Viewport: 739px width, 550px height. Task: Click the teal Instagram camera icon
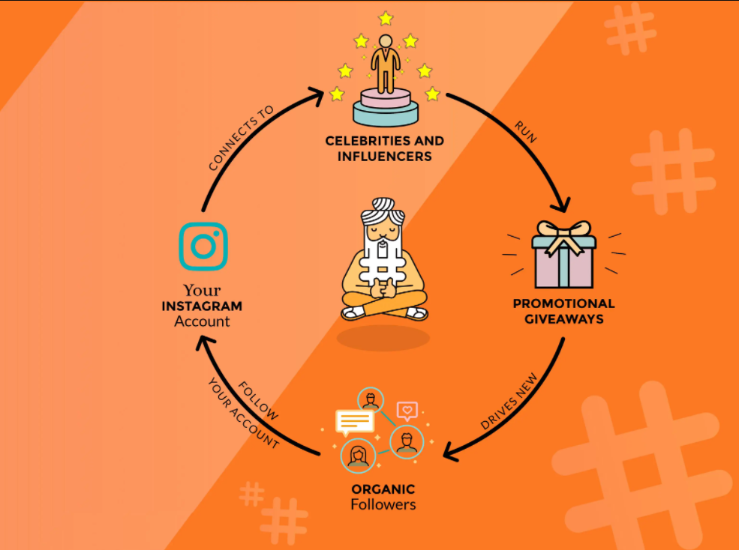(x=203, y=246)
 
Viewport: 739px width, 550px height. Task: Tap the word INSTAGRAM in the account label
(x=202, y=306)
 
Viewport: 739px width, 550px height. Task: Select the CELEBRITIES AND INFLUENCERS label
(x=384, y=148)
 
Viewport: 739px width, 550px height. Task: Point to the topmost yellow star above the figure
(x=386, y=17)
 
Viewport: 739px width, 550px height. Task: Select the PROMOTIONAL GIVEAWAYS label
(x=563, y=311)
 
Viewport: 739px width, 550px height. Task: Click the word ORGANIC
(x=383, y=489)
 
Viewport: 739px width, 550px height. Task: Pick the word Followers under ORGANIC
(x=383, y=504)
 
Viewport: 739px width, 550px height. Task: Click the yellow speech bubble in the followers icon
(x=354, y=422)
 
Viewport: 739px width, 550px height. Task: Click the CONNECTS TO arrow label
(x=241, y=138)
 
